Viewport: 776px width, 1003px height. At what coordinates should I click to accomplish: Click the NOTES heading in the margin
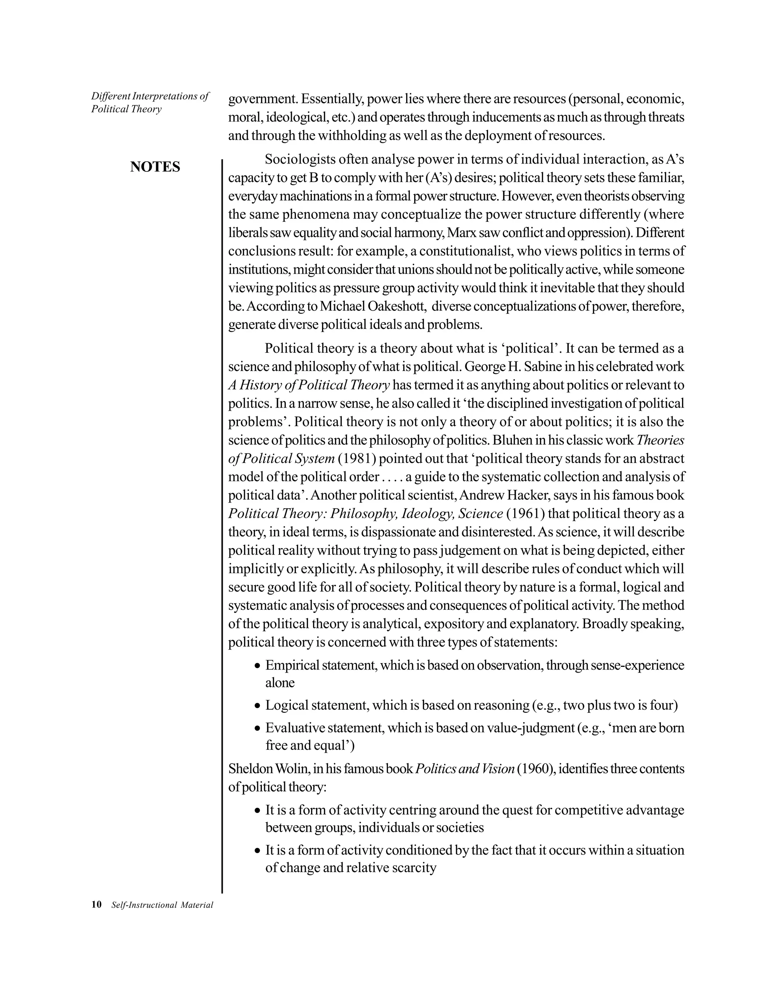(155, 167)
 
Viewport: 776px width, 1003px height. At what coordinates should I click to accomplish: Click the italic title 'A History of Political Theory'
(309, 385)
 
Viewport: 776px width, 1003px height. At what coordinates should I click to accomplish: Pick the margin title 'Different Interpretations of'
(150, 96)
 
